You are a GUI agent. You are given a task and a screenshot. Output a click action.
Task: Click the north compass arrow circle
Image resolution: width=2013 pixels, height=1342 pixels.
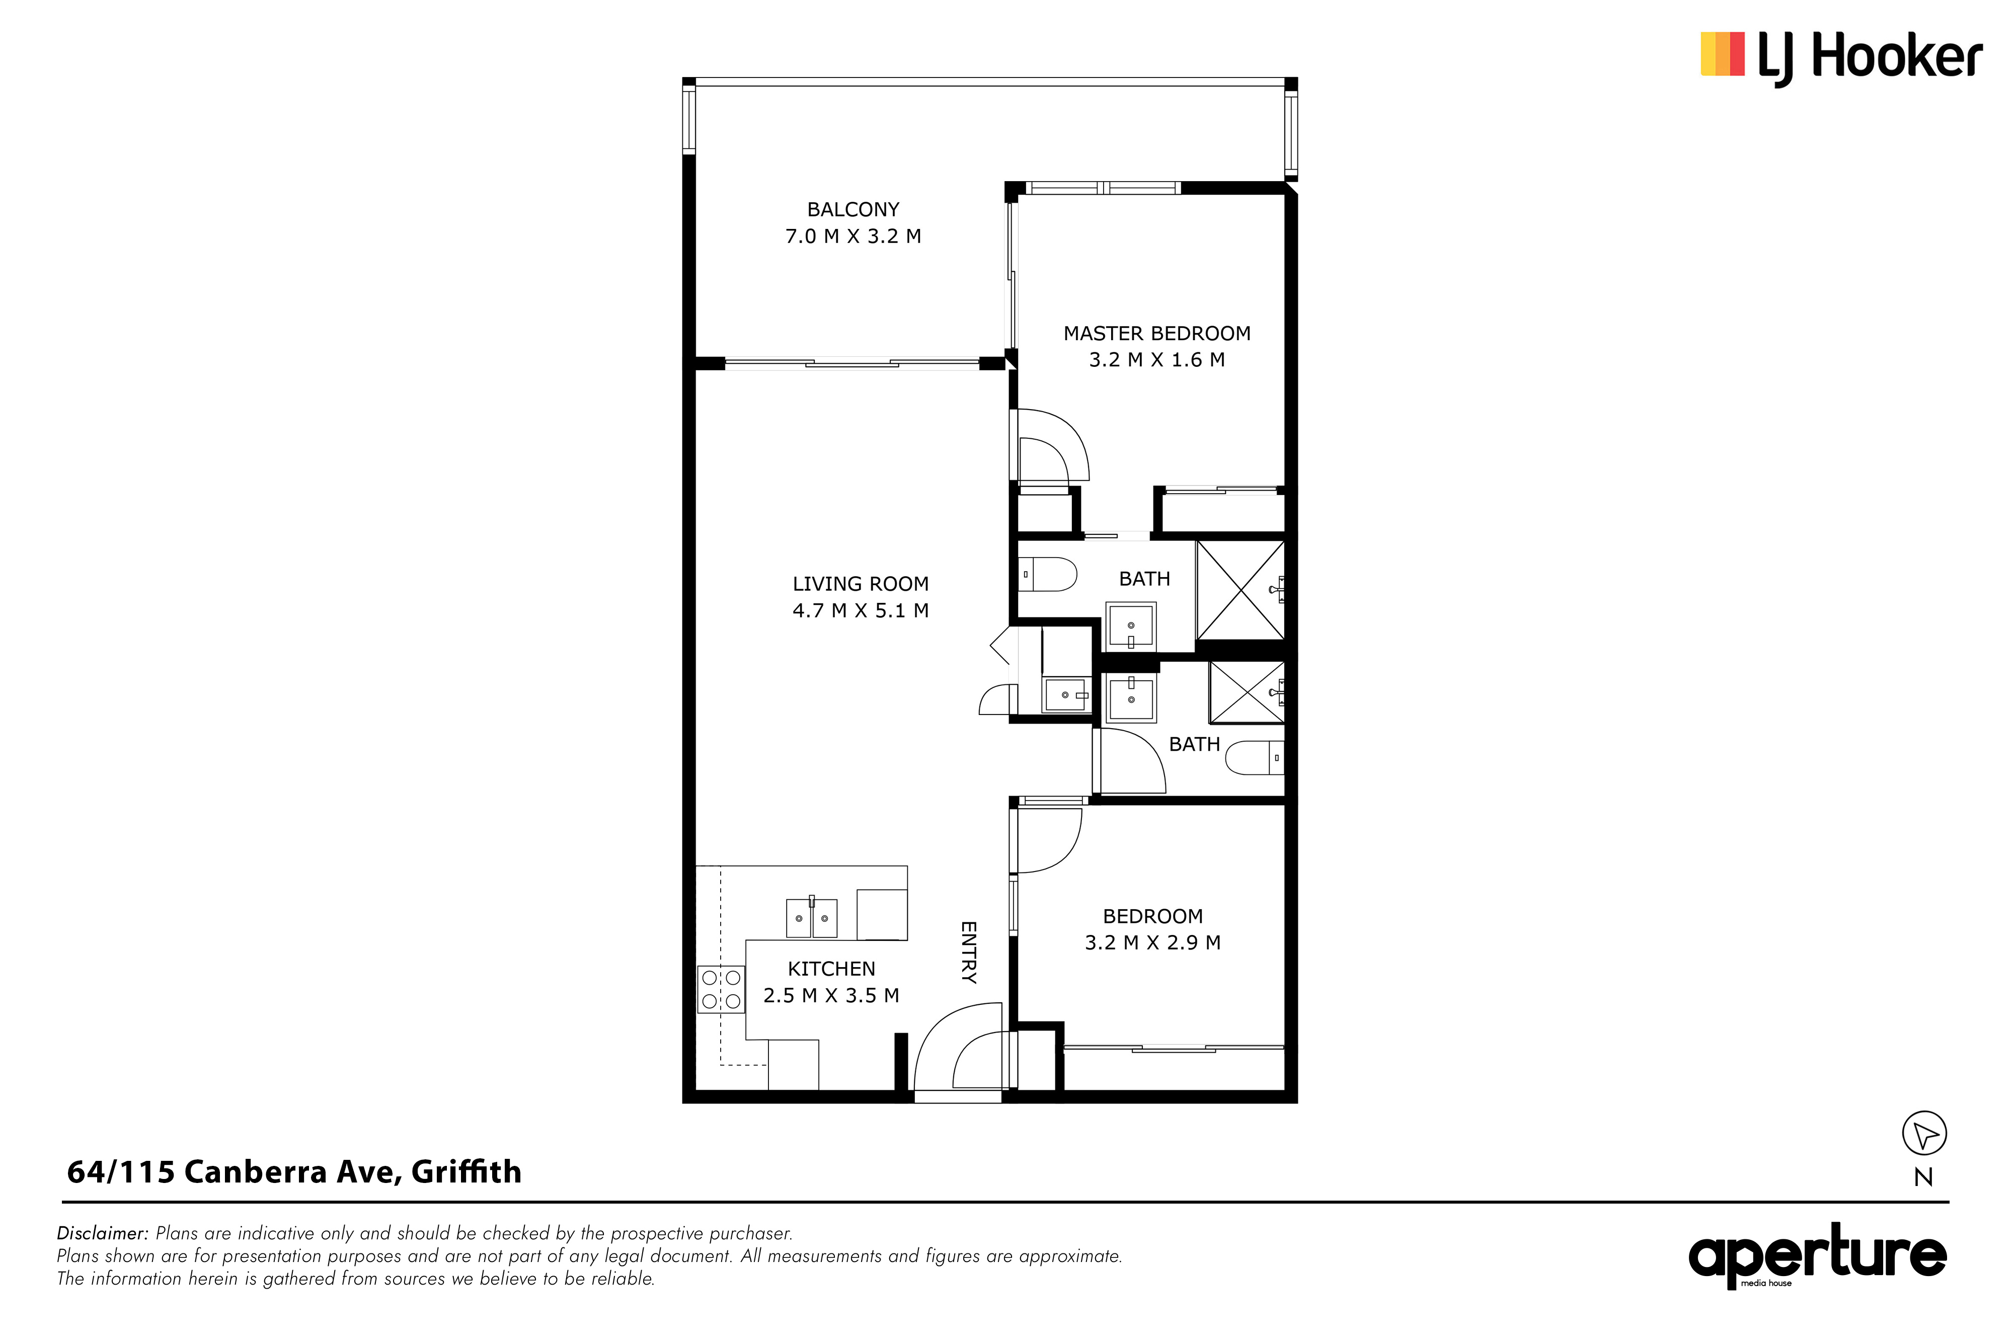click(x=1924, y=1134)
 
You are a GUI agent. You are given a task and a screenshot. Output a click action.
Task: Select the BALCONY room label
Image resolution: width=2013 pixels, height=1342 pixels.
click(x=854, y=210)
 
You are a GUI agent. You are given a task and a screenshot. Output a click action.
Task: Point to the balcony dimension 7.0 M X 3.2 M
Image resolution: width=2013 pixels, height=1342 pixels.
click(x=854, y=236)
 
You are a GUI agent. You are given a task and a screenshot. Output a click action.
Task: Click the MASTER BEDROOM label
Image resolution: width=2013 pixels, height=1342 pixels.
click(x=1157, y=334)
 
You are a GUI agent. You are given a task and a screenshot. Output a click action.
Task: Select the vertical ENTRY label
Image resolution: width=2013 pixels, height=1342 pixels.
click(x=969, y=952)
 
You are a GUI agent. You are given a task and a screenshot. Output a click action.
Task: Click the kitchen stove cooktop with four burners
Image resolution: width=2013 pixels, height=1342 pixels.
click(x=721, y=989)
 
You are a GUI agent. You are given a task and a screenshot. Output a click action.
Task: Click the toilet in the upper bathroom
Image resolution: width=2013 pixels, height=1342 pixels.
click(x=1048, y=574)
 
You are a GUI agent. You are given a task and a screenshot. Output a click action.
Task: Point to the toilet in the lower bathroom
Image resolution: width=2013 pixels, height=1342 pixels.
click(x=1255, y=757)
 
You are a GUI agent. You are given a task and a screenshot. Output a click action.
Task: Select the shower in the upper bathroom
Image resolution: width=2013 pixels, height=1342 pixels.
click(x=1240, y=590)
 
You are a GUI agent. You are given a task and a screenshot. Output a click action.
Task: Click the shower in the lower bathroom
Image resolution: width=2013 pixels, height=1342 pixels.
click(x=1246, y=692)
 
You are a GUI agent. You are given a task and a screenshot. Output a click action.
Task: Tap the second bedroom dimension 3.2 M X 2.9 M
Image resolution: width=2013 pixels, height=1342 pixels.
click(x=1153, y=942)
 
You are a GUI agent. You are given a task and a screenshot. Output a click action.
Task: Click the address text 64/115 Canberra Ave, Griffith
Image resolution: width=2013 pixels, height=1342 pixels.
click(x=294, y=1172)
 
